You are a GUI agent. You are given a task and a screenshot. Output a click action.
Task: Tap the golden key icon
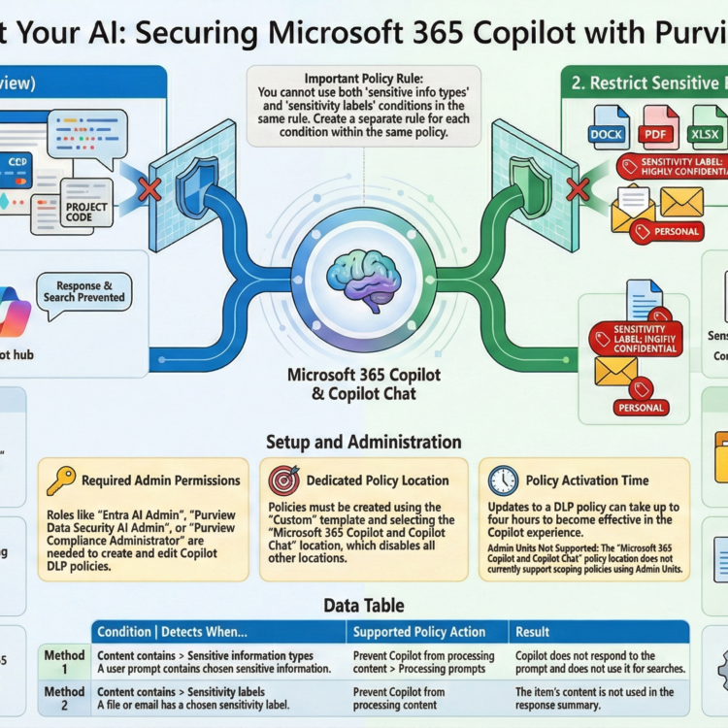pos(60,480)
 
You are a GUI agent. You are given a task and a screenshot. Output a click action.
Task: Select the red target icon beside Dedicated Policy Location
pos(284,480)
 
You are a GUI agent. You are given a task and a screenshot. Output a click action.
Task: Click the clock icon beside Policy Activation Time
pos(503,480)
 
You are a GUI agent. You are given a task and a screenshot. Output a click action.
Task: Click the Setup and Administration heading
pos(364,442)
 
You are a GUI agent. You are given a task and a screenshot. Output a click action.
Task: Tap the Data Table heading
pos(364,606)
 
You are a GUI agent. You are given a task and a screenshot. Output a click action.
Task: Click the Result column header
pos(533,633)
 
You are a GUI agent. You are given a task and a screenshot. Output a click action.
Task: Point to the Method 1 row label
pos(64,662)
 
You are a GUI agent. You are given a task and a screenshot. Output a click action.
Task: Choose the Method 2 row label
pos(64,699)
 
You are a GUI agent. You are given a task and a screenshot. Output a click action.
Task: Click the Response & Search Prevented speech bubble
pos(84,292)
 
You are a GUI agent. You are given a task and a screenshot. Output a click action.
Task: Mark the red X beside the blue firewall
pos(149,188)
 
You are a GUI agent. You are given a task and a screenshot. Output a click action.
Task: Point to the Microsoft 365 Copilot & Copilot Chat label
pos(364,383)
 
